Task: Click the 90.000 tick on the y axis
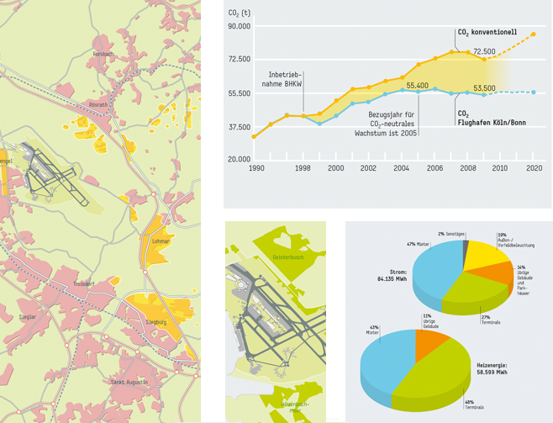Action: tap(240, 26)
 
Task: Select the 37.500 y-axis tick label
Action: tap(240, 126)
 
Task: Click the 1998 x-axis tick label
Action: tap(304, 168)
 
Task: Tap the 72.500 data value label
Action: tap(484, 51)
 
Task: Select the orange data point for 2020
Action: tap(534, 34)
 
